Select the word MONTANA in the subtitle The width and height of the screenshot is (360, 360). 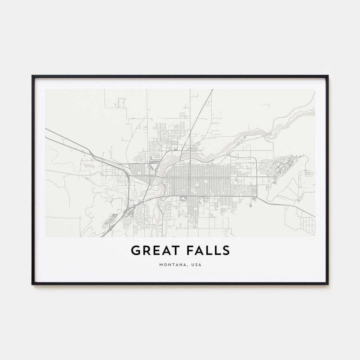[170, 264]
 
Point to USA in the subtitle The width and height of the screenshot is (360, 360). [196, 264]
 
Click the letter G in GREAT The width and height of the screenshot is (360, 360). [135, 250]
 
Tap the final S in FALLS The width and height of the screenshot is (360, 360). [226, 250]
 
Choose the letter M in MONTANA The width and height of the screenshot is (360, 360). [160, 264]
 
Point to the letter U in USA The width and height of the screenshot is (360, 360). [192, 264]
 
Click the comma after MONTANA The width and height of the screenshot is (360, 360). [186, 266]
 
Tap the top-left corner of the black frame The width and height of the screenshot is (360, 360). [32, 76]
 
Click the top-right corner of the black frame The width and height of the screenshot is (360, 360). [328, 76]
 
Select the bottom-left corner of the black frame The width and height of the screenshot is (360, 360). [32, 284]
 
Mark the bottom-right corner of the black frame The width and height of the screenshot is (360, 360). [328, 284]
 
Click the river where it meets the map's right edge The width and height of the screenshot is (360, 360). [314, 113]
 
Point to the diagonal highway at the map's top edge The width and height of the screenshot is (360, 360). [212, 90]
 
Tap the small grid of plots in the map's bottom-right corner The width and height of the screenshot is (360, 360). [308, 225]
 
